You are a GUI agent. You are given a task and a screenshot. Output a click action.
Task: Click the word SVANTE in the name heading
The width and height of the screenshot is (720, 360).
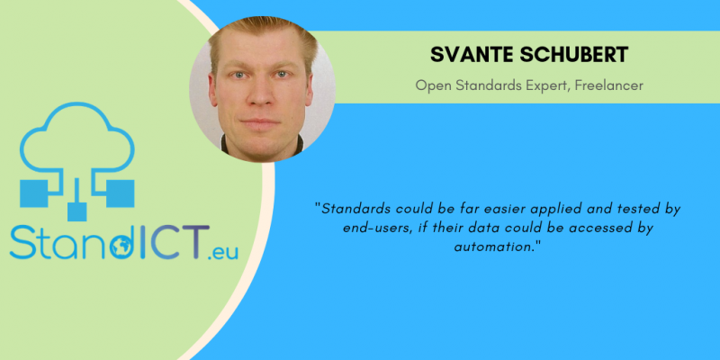pyautogui.click(x=471, y=55)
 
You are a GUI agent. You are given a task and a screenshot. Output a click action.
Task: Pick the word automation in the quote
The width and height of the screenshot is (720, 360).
pyautogui.click(x=494, y=247)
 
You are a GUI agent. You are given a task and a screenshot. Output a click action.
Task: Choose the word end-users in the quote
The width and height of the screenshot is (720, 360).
pyautogui.click(x=378, y=229)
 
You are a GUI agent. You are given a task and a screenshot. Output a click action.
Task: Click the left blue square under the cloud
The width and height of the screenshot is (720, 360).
pyautogui.click(x=34, y=193)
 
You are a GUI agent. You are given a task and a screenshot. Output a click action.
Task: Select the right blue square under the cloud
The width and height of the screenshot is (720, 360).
pyautogui.click(x=121, y=193)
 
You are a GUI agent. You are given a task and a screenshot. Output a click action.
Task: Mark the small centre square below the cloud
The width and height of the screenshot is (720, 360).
pyautogui.click(x=77, y=211)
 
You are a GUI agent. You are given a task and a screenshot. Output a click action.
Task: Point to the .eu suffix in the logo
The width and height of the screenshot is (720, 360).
pyautogui.click(x=222, y=252)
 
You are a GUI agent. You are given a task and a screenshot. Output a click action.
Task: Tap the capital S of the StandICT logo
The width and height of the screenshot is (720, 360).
pyautogui.click(x=22, y=241)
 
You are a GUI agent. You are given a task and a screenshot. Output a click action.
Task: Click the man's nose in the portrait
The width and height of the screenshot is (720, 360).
pyautogui.click(x=261, y=94)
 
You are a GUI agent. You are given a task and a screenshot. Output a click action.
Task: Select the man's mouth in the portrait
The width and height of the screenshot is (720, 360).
pyautogui.click(x=260, y=122)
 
